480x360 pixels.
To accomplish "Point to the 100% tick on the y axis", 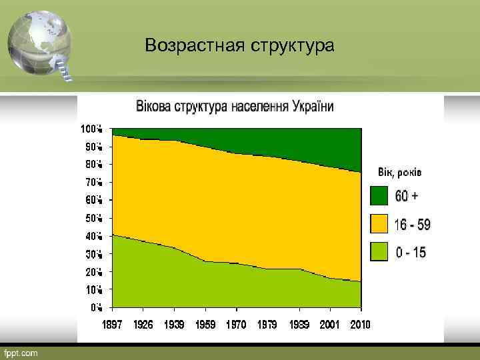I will [x=91, y=128].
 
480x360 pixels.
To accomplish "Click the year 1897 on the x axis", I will [x=112, y=325].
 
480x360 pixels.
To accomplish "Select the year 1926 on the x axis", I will [x=143, y=325].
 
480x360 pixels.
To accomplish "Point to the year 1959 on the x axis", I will [x=205, y=325].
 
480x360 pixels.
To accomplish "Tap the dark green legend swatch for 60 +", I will [x=379, y=195].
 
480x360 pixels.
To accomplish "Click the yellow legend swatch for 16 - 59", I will [x=379, y=224].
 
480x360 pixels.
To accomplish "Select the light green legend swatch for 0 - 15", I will [x=379, y=252].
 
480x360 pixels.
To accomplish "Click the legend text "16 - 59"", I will [x=412, y=225].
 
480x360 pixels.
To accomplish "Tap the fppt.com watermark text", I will [x=22, y=352].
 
